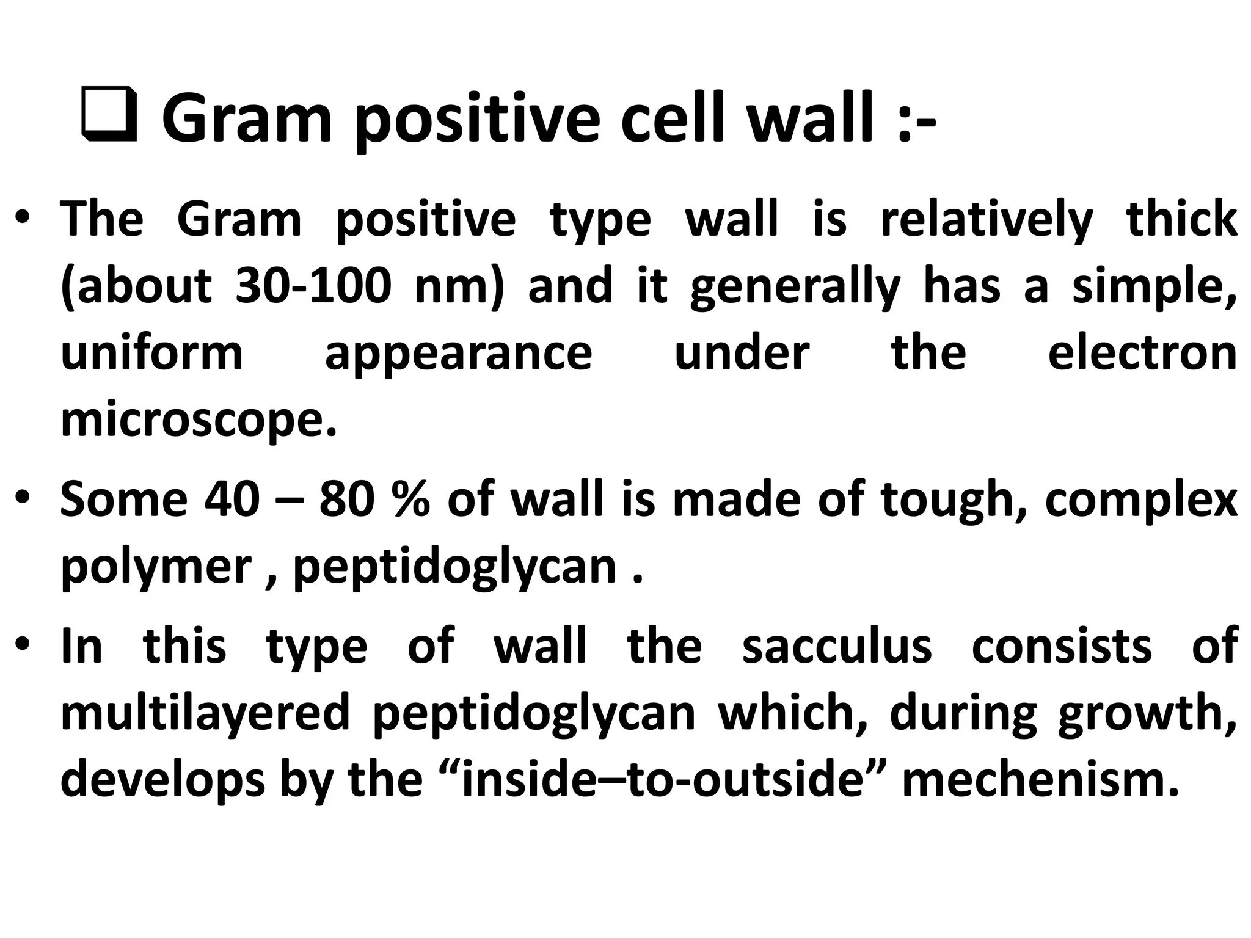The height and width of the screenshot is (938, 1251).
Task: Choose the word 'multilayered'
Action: pos(205,712)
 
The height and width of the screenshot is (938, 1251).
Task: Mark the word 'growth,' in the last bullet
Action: pos(1147,712)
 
